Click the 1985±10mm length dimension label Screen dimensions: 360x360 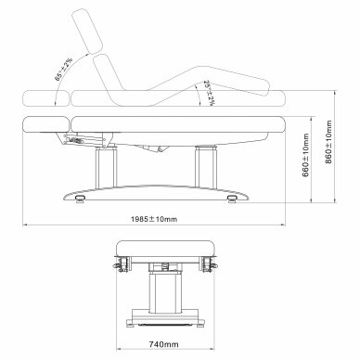[154, 219]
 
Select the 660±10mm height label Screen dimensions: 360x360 [305, 155]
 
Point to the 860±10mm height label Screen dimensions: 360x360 [328, 142]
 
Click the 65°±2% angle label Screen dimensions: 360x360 [64, 69]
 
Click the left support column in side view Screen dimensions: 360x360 [106, 167]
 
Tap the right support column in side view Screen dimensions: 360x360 [206, 167]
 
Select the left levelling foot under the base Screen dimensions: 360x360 [80, 199]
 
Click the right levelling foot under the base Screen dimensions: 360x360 [232, 199]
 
